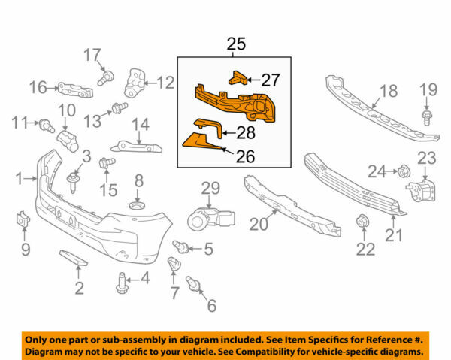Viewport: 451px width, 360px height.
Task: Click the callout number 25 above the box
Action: click(x=236, y=44)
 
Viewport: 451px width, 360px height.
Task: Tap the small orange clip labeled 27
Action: click(x=237, y=77)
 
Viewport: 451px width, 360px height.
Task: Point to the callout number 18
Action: click(x=388, y=92)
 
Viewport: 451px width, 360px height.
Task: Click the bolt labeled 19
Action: click(x=427, y=117)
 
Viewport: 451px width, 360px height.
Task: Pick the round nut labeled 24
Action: click(x=403, y=171)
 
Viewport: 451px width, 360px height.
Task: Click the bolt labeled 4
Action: click(x=122, y=283)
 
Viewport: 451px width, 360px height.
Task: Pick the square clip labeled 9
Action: click(x=22, y=220)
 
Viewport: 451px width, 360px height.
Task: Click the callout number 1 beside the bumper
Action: click(x=20, y=179)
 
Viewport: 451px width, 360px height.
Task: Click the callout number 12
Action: click(x=165, y=83)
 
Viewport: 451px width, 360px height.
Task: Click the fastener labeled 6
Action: click(x=194, y=285)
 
